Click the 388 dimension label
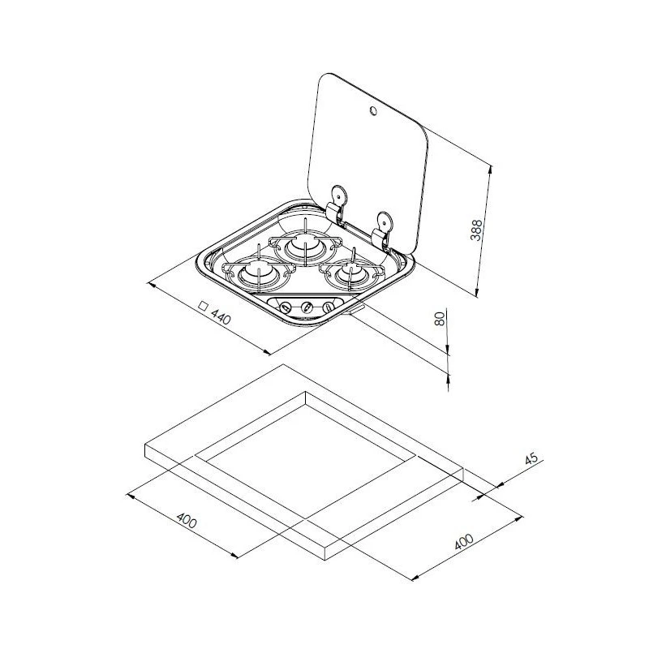(x=477, y=230)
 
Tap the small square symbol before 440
(x=203, y=306)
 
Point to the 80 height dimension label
(x=441, y=319)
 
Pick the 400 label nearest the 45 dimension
(x=463, y=542)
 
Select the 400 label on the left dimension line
(x=187, y=520)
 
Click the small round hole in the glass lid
(x=373, y=110)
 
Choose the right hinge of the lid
(x=382, y=232)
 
